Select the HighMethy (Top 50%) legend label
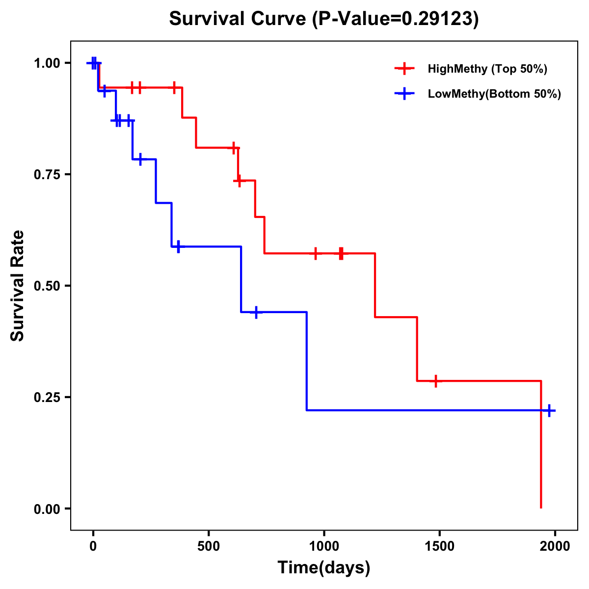487,69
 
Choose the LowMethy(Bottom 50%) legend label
494,94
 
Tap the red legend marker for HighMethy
404,69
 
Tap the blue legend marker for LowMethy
404,94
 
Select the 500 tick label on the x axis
209,546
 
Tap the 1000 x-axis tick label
324,546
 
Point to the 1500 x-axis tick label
439,546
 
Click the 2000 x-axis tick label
555,546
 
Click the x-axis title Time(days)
324,568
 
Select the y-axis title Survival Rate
18,286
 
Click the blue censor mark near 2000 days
549,410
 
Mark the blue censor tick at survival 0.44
256,312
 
